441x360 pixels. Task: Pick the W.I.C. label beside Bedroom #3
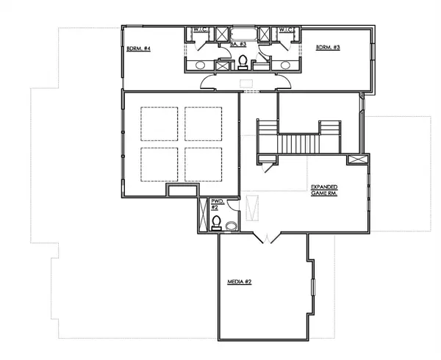click(287, 30)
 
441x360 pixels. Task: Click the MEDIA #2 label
click(240, 281)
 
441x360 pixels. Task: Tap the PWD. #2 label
click(216, 204)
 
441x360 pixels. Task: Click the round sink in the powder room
click(232, 226)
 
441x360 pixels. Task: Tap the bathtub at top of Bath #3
click(243, 33)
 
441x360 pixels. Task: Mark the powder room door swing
click(234, 207)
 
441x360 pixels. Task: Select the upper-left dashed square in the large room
click(159, 125)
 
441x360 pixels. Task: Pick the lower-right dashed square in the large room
click(204, 166)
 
